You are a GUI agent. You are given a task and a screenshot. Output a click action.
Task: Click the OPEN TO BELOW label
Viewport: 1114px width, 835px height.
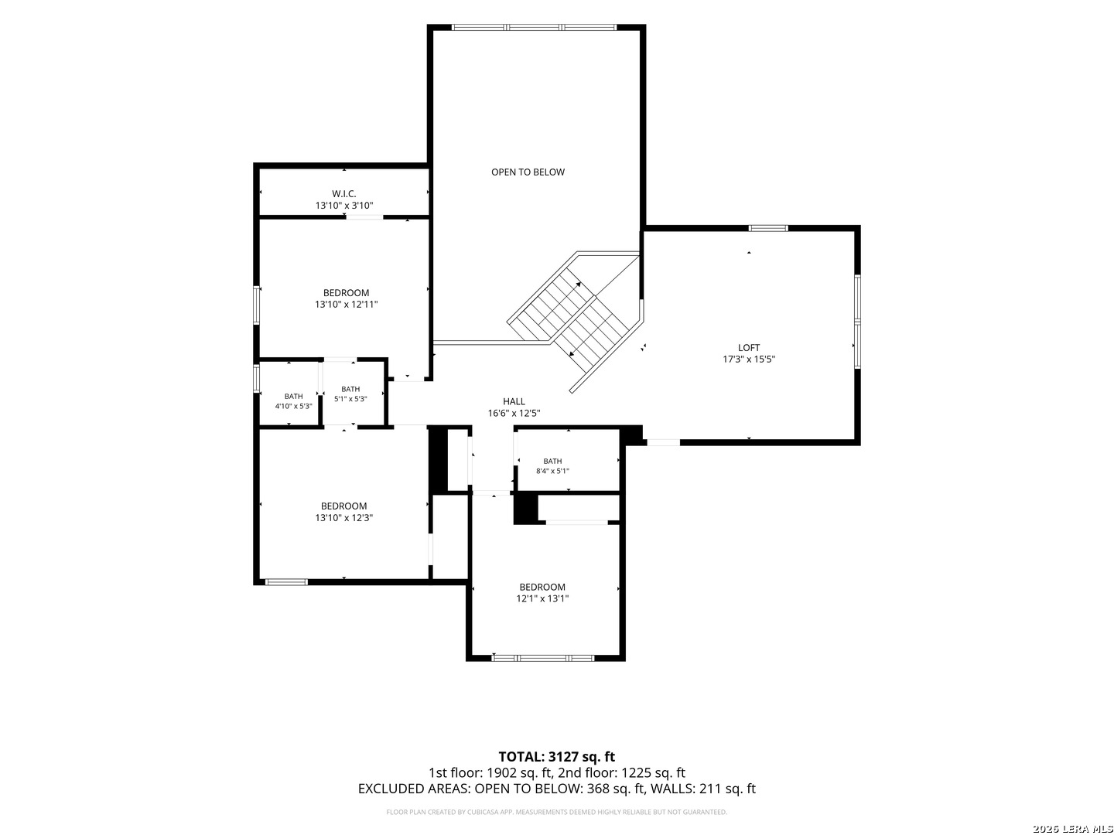click(x=528, y=172)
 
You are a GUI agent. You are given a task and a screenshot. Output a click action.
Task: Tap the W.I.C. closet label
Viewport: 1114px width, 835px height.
click(x=343, y=193)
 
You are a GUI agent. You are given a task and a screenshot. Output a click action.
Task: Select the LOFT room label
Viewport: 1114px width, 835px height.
click(x=748, y=347)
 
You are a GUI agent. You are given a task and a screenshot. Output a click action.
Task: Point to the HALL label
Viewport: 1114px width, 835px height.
click(x=514, y=401)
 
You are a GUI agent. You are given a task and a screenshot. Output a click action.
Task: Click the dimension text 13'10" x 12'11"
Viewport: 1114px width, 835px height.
click(x=346, y=304)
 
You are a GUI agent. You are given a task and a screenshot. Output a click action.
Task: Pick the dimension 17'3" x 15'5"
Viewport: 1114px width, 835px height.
click(x=749, y=359)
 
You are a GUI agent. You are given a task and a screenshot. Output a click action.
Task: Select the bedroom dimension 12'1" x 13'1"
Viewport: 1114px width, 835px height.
click(x=542, y=598)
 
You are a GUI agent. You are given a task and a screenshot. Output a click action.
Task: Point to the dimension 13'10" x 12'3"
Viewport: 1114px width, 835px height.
click(x=343, y=518)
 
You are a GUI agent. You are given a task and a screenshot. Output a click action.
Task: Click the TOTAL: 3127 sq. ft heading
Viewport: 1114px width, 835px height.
click(x=556, y=756)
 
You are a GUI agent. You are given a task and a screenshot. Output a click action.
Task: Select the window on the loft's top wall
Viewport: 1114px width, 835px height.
click(x=768, y=228)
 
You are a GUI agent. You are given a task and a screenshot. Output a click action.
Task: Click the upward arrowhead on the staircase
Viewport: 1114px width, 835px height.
click(x=578, y=285)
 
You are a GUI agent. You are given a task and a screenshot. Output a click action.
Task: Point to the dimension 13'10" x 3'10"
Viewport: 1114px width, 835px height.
click(x=344, y=206)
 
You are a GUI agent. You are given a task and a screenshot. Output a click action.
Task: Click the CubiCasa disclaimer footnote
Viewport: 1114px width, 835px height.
click(x=556, y=812)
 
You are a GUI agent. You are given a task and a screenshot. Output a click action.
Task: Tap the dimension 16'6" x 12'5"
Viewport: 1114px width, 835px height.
click(x=514, y=413)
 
